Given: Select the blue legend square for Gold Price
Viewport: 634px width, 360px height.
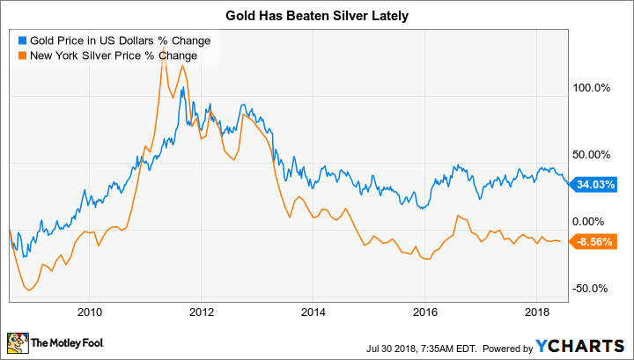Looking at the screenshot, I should (22, 40).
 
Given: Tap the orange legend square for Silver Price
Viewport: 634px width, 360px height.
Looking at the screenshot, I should (22, 55).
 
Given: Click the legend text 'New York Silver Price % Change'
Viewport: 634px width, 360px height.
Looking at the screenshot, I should (114, 55).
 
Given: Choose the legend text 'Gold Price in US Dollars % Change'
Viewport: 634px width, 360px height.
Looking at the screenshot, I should (121, 40).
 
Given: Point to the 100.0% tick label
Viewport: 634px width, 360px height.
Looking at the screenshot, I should (592, 88).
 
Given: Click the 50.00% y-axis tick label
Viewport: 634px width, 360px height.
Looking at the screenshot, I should (592, 155).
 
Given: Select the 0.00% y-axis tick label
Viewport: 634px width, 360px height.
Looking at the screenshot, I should (592, 222).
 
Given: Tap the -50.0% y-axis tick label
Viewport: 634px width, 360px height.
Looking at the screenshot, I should (592, 289).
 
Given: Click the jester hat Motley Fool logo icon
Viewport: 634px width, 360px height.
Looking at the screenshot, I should (18, 342).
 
